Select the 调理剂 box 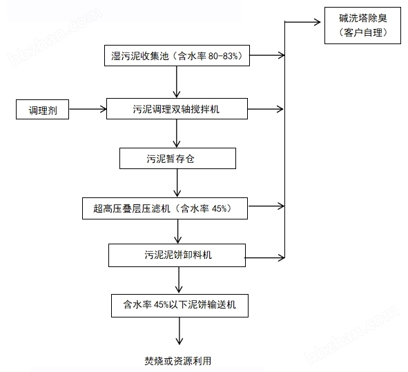[x=43, y=109]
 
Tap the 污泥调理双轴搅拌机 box [x=177, y=108]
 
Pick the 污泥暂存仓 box [x=177, y=158]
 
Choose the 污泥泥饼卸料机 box [x=177, y=255]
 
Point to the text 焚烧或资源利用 [x=178, y=360]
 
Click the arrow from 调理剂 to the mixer [x=88, y=109]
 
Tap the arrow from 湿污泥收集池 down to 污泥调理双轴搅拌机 [x=178, y=83]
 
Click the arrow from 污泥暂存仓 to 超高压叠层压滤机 [x=178, y=183]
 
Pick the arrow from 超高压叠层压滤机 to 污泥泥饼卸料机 [x=178, y=231]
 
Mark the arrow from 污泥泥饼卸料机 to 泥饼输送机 [x=179, y=280]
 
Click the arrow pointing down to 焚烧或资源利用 [x=179, y=331]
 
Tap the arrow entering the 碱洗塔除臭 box [x=304, y=22]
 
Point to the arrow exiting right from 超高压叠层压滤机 [x=266, y=206]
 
